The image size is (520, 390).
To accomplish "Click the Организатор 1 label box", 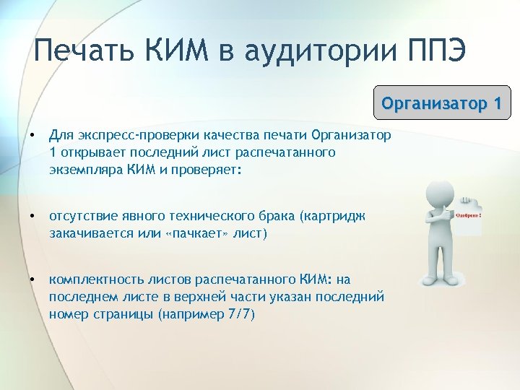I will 441,103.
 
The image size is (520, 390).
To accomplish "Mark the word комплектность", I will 92,279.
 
